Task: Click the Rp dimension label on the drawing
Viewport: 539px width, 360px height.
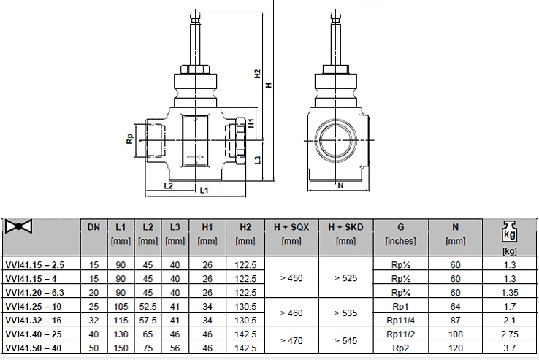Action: point(129,139)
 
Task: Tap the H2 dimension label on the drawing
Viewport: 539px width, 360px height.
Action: point(258,74)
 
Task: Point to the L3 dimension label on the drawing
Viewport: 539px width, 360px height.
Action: point(258,160)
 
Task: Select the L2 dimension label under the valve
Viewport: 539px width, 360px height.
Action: point(169,186)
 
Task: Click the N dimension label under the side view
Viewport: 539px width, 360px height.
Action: point(340,185)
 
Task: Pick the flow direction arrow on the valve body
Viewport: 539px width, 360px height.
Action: point(195,158)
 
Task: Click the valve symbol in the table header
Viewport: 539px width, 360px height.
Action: point(18,226)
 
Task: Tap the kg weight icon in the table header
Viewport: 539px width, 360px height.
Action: point(509,232)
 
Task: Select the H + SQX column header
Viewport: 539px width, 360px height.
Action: point(291,227)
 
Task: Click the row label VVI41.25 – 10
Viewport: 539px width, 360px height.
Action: point(34,307)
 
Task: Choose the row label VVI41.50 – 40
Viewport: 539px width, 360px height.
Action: point(34,348)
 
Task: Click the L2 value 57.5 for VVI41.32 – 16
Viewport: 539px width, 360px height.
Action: point(148,321)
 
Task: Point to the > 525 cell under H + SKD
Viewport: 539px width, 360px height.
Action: point(345,277)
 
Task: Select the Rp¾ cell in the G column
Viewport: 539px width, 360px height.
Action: point(401,293)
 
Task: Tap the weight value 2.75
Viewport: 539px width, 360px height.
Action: point(510,334)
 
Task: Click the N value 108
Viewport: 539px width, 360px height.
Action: point(456,334)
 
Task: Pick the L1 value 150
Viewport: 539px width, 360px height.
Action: point(121,348)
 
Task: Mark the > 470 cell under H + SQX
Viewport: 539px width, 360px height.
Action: point(291,341)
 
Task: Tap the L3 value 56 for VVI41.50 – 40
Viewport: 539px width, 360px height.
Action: point(175,348)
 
